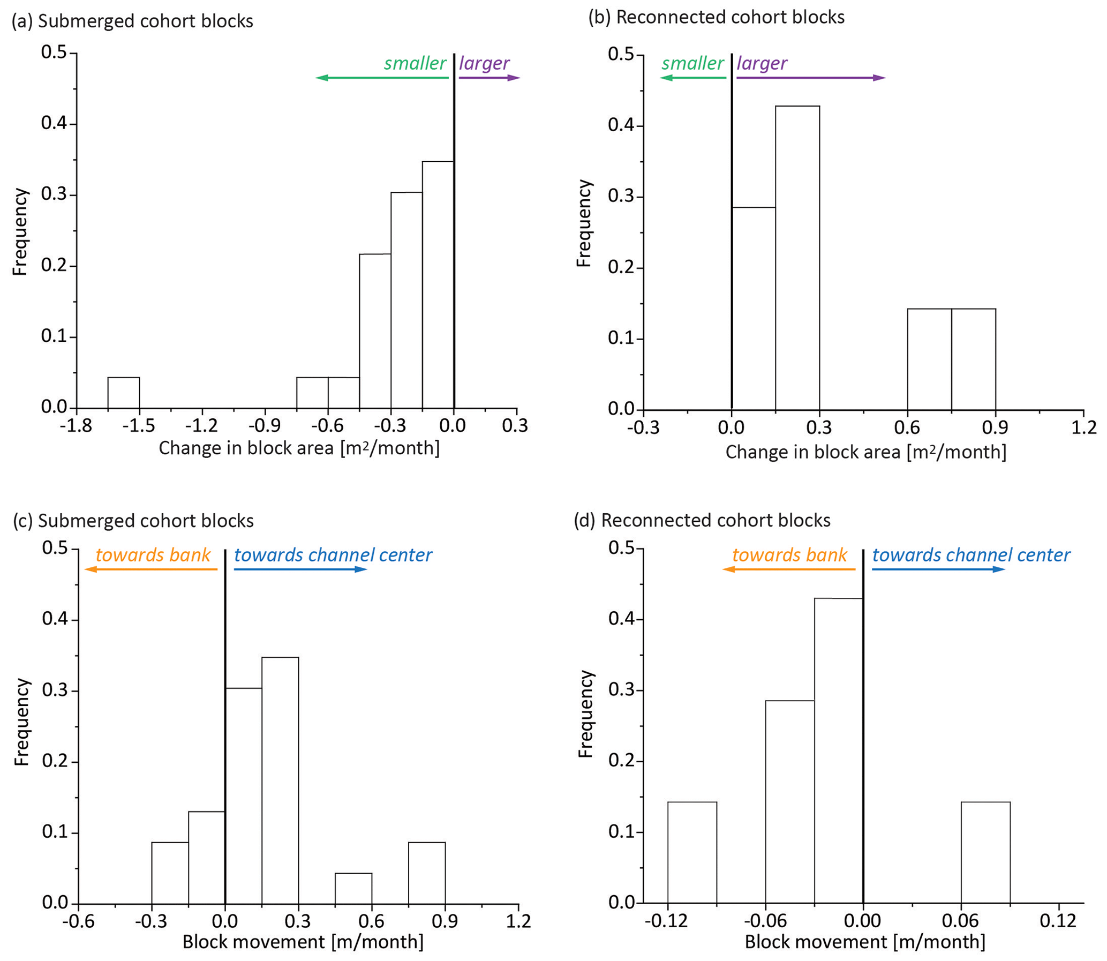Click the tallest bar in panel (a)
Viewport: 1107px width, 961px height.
[x=438, y=284]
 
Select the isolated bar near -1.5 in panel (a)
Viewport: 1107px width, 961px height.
[x=123, y=393]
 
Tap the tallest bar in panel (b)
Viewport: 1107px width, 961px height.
[x=797, y=258]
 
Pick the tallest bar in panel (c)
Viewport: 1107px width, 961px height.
[x=280, y=780]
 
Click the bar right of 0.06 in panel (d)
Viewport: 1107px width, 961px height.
[x=985, y=852]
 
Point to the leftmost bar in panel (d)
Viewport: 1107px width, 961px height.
[x=691, y=852]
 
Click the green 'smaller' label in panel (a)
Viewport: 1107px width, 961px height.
[x=415, y=63]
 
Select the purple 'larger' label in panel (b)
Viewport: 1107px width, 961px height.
[x=761, y=63]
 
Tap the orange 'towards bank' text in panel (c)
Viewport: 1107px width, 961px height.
[x=153, y=555]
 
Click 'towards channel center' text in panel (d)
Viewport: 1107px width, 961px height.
[x=971, y=555]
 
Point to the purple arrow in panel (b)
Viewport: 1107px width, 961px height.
[x=810, y=78]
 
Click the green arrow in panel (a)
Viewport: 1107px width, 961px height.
[x=382, y=78]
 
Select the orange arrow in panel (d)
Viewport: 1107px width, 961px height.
[x=788, y=569]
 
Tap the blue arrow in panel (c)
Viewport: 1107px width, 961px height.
[x=300, y=569]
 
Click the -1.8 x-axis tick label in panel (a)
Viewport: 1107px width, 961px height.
[x=76, y=425]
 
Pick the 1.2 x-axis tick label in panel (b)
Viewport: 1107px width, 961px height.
[x=1083, y=427]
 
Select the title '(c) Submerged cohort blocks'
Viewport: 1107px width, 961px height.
[x=133, y=521]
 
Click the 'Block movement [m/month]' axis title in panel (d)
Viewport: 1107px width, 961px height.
[x=865, y=942]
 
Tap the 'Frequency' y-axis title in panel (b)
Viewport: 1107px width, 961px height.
[x=583, y=223]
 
